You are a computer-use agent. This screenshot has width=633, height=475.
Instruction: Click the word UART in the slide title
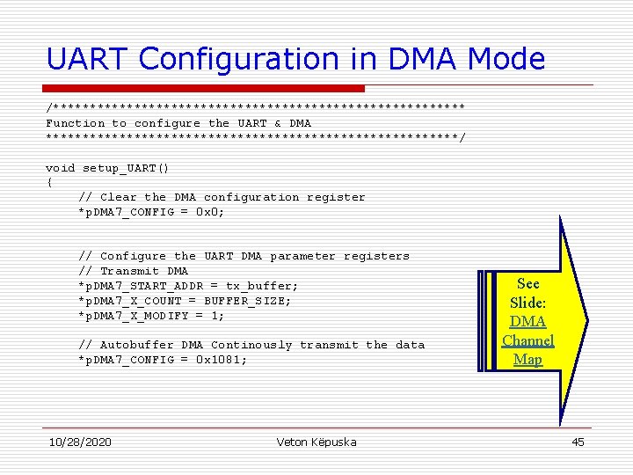point(88,59)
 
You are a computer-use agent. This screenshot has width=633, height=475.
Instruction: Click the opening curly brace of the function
point(49,182)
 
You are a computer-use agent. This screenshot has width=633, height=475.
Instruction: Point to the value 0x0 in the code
point(207,212)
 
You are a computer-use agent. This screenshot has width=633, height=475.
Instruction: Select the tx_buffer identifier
point(262,286)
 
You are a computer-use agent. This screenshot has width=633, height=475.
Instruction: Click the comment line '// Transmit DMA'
point(133,271)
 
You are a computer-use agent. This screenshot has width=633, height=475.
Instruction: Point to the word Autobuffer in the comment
point(136,345)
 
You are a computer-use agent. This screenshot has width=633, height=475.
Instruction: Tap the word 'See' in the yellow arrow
point(528,283)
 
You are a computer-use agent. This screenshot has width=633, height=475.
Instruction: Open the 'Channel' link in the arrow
point(527,340)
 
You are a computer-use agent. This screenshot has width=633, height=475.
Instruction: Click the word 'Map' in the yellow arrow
point(527,359)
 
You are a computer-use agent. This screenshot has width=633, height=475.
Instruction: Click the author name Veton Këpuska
point(316,442)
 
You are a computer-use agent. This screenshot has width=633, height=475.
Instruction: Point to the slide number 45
point(578,442)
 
